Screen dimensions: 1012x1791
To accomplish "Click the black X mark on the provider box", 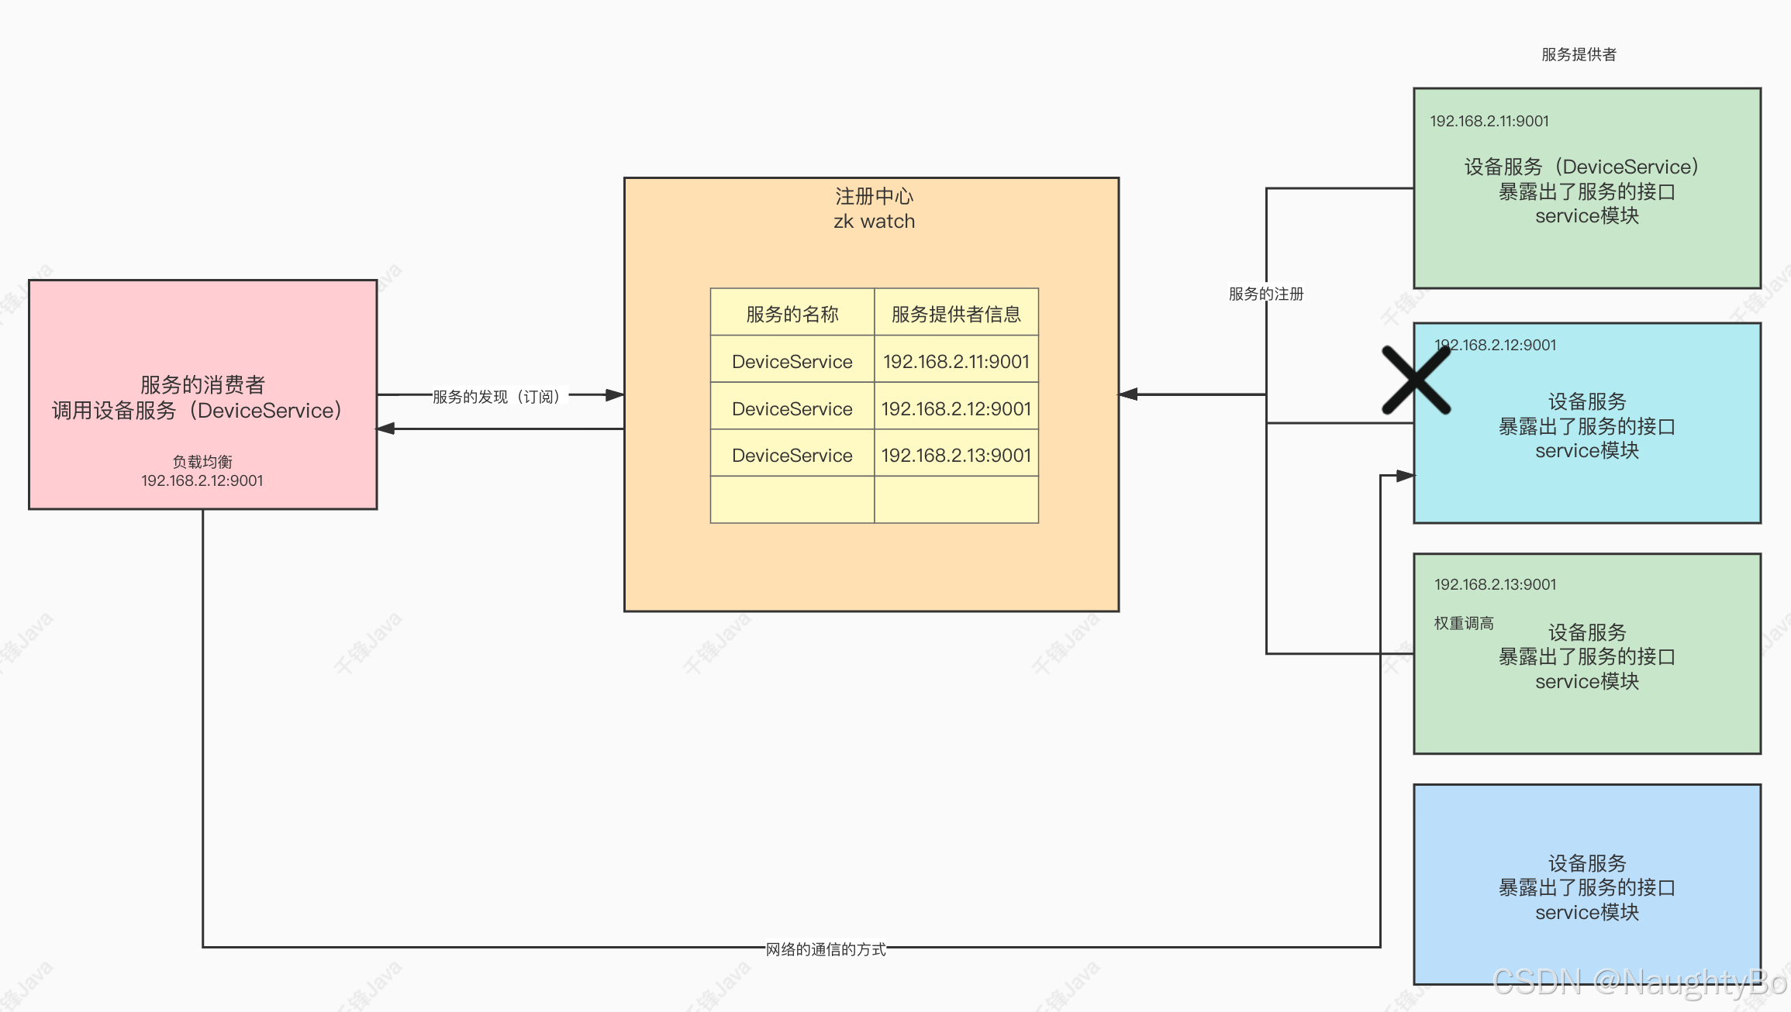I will click(1416, 380).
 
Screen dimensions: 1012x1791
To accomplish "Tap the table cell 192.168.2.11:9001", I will click(956, 361).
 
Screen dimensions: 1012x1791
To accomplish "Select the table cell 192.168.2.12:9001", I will click(956, 408).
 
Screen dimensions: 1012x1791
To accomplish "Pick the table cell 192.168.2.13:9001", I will click(956, 455).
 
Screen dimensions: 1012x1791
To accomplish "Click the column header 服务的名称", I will click(792, 314).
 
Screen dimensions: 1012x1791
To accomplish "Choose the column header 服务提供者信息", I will click(956, 314).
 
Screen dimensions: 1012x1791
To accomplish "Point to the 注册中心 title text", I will click(874, 196).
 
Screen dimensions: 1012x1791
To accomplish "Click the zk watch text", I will click(874, 222).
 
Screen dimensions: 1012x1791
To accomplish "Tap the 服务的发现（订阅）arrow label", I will click(496, 397).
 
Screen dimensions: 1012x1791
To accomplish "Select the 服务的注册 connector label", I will click(1265, 294).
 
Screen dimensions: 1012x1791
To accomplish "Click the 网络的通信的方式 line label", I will click(826, 949).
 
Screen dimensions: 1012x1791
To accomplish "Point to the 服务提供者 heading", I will click(1579, 54).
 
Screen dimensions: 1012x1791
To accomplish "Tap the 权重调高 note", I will click(1463, 623).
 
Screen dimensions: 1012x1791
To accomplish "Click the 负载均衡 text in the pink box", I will click(202, 462).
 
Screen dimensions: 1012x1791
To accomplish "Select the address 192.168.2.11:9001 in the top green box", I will click(1489, 121).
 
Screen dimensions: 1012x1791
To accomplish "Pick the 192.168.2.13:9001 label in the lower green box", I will click(1495, 584).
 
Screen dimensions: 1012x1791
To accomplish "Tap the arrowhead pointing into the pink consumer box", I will click(385, 429).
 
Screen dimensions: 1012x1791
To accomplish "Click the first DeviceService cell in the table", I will click(792, 361).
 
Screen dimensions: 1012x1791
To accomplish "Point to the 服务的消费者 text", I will click(202, 384).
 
